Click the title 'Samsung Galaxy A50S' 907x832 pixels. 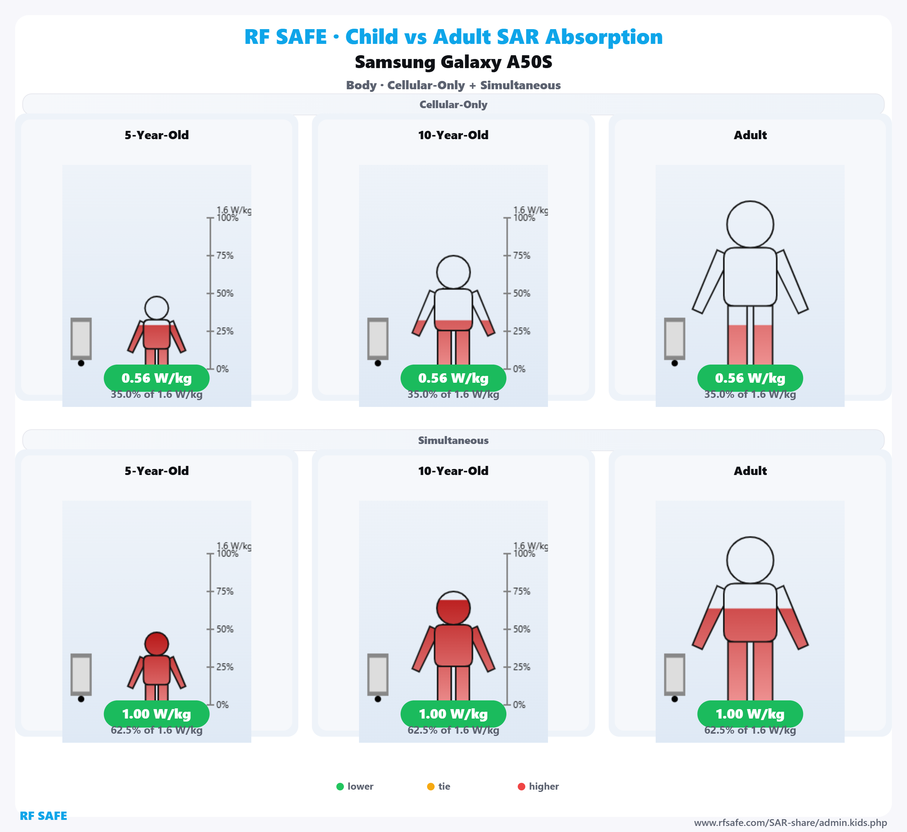(453, 62)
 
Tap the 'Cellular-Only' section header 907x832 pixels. (453, 104)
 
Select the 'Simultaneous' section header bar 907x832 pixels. (453, 440)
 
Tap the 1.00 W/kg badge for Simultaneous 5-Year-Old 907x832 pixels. (156, 714)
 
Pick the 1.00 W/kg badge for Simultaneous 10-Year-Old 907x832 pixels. (453, 714)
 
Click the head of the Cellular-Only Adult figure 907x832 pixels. (750, 224)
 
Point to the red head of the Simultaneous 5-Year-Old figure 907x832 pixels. (156, 644)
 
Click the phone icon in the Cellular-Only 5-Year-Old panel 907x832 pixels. (81, 338)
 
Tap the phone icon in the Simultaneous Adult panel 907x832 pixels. (675, 674)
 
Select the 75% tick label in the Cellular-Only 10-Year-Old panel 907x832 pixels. (522, 256)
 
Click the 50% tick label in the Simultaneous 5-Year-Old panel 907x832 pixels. (224, 629)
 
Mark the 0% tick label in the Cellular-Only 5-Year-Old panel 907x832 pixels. (222, 369)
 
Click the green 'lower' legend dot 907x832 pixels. (340, 787)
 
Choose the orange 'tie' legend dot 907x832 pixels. (430, 787)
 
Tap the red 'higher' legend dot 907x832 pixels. (522, 787)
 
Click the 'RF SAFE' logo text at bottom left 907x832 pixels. (43, 816)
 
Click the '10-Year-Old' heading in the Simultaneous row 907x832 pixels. (453, 471)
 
